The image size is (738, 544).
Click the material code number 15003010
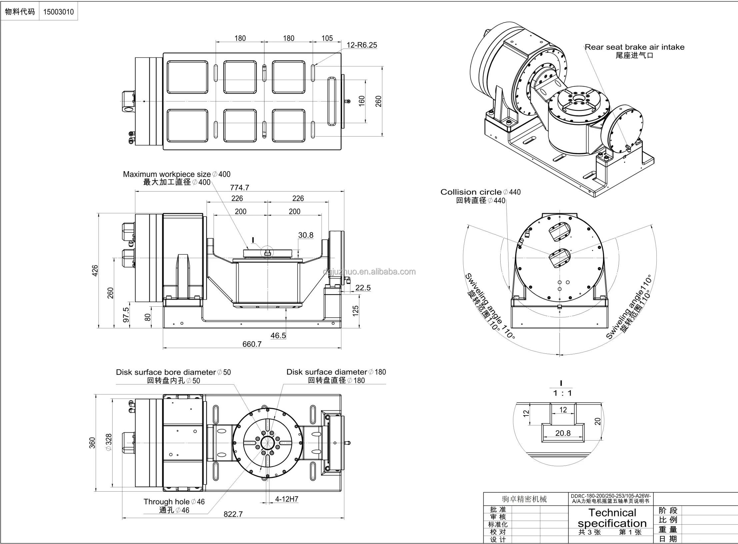coord(58,12)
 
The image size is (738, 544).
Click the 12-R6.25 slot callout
coord(362,45)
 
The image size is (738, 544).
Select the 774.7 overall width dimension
coord(239,188)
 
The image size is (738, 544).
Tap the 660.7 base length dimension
coord(252,344)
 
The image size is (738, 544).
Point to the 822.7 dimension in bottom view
coord(233,514)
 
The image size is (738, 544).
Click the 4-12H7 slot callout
coord(286,499)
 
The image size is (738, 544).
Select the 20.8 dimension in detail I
coord(563,433)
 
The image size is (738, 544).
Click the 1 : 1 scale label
coord(562,393)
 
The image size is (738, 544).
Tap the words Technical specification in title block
coord(612,518)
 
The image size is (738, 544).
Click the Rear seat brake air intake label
coord(634,47)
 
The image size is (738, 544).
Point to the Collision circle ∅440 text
coord(480,192)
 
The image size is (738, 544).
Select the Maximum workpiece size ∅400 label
coord(176,174)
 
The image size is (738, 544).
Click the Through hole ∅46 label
coord(174,502)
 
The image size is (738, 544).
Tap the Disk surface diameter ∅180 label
coord(336,372)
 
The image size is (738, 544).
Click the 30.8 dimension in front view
coord(305,235)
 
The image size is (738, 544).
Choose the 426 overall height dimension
coord(95,270)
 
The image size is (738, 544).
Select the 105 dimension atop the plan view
coord(327,38)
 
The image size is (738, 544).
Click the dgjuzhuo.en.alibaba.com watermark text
coord(369,272)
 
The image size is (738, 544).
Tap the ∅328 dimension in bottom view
coord(109,443)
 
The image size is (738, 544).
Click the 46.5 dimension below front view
coord(278,335)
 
